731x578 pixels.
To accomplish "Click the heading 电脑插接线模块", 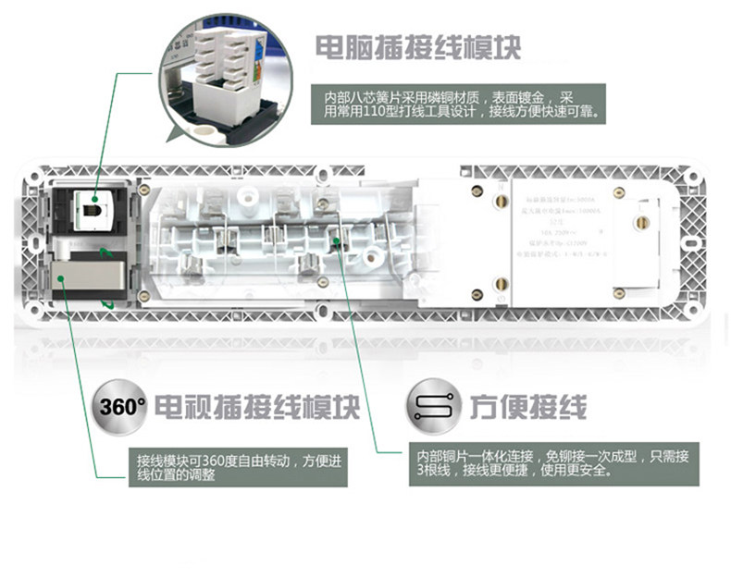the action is (x=418, y=46).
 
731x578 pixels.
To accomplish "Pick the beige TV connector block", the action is (x=81, y=275).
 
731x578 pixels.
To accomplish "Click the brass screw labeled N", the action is (x=501, y=201).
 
